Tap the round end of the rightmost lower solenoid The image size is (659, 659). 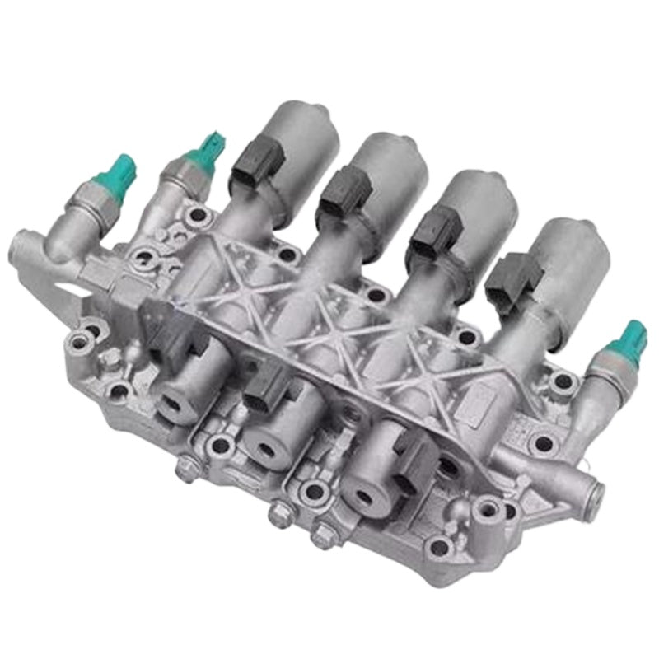click(363, 494)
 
